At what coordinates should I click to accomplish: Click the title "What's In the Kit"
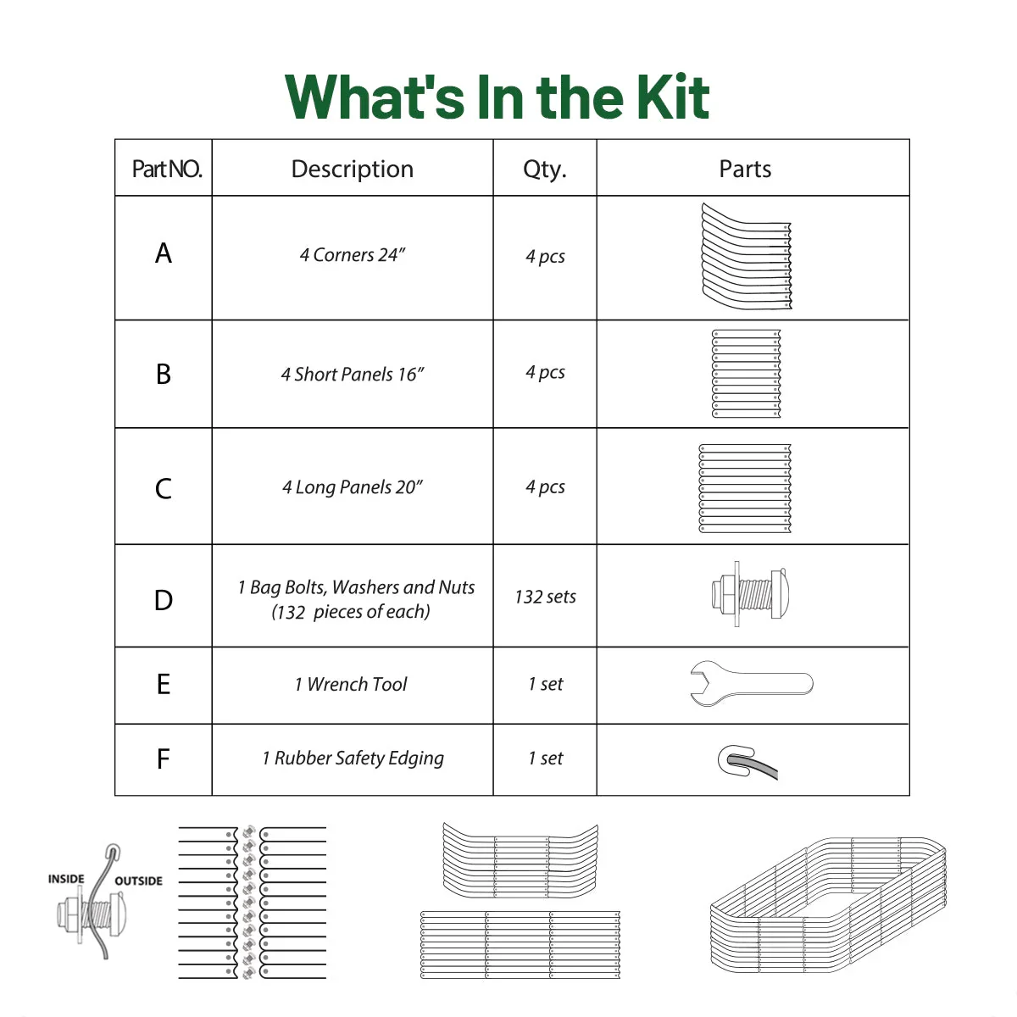497,97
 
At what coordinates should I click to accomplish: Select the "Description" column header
352,169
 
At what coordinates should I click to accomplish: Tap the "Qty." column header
544,169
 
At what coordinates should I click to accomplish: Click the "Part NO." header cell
166,169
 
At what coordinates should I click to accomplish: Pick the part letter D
164,600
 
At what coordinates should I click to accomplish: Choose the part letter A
164,253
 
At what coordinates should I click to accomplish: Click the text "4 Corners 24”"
353,255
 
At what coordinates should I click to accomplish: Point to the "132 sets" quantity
545,597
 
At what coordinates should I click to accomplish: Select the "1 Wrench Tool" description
351,684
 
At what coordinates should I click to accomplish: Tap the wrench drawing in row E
751,683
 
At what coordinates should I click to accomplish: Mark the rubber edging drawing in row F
746,761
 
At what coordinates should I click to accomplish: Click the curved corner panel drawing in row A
747,257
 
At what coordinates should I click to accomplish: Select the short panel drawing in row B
746,374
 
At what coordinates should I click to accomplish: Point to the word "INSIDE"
66,879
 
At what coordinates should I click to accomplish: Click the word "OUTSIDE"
138,881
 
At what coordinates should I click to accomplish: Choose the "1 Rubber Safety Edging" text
353,759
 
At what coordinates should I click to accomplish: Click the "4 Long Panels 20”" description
353,487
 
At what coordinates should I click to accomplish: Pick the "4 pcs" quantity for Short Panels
545,372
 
